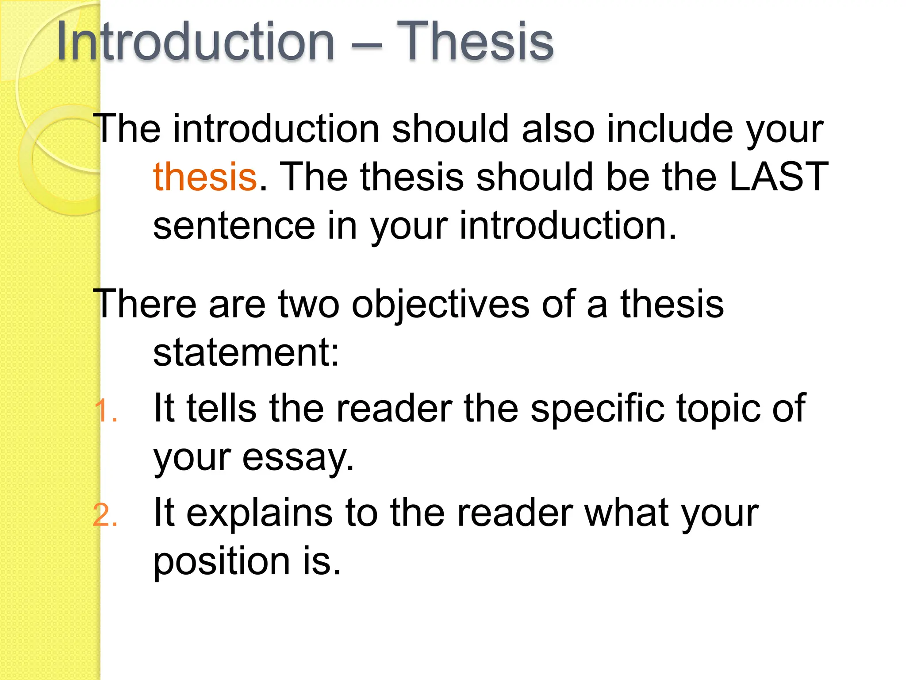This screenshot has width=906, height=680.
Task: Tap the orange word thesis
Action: (205, 177)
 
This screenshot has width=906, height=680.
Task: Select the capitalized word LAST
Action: (779, 177)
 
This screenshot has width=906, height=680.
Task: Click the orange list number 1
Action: (105, 411)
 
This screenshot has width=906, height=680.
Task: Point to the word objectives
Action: (440, 305)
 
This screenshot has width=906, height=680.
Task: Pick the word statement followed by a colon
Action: (246, 353)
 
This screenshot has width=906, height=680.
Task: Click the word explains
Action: (260, 514)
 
